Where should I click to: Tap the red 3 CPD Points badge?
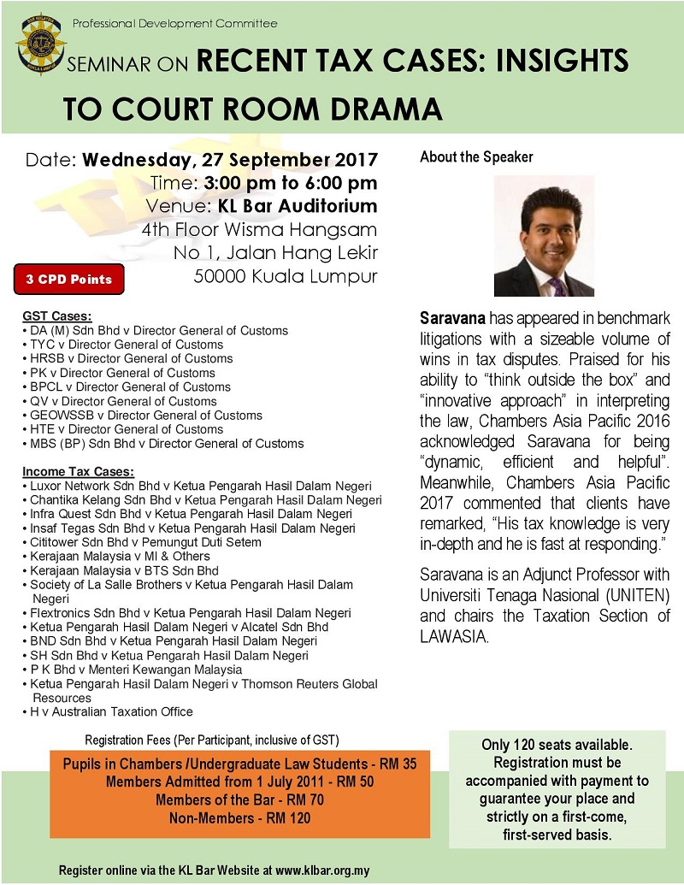pos(68,279)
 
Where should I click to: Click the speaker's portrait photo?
pos(544,236)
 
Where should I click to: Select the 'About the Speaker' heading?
pos(476,157)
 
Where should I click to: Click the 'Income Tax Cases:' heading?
pos(78,471)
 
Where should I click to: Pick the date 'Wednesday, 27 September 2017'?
pos(230,160)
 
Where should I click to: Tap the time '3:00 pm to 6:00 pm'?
pos(290,183)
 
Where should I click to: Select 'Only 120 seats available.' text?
pos(557,746)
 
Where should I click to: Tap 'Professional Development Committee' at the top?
pos(174,24)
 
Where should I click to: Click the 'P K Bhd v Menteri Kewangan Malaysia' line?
pos(130,670)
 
